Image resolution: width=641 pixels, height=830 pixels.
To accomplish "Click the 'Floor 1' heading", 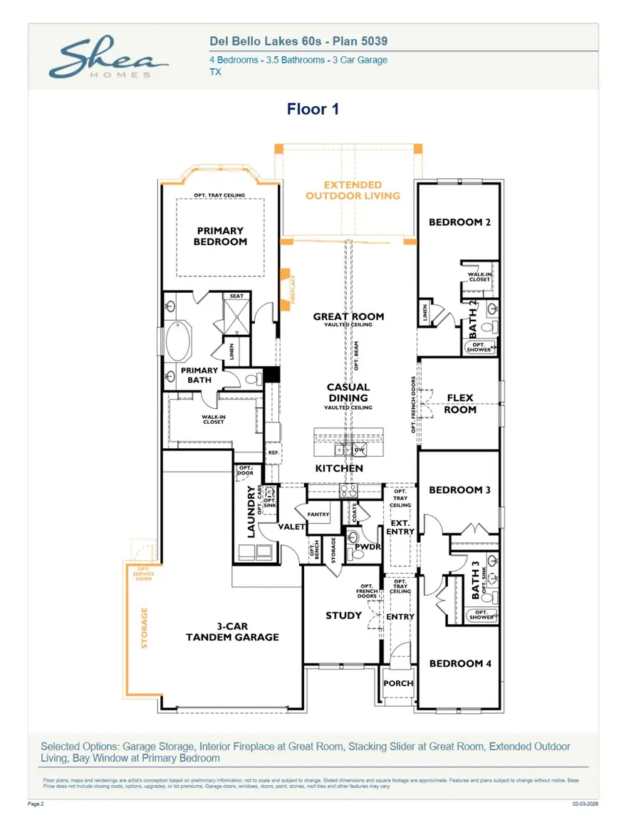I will (x=313, y=109).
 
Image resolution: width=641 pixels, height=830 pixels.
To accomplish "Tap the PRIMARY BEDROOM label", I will (x=221, y=236).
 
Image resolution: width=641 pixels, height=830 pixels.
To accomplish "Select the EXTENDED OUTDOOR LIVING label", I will (x=353, y=190).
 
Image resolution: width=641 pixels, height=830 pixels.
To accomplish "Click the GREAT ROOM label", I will (x=348, y=316).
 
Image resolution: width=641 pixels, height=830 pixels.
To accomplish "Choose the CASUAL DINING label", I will (x=348, y=393).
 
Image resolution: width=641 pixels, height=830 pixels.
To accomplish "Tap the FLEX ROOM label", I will (x=459, y=404).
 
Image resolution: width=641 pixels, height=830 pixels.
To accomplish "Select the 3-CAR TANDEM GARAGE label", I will (x=232, y=631).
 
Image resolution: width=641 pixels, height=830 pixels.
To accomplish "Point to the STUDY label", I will (x=343, y=616).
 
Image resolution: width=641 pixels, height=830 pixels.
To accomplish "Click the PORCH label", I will (x=398, y=683).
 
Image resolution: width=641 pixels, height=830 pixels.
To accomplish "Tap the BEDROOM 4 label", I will (x=460, y=663).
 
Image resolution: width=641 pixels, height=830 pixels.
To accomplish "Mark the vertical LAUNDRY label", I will (x=251, y=511).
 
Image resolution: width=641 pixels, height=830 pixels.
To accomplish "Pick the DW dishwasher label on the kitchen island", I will (x=360, y=450).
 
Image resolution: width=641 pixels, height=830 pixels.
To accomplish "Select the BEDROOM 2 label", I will (x=459, y=222).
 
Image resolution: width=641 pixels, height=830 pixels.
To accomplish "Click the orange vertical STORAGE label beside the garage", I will (x=145, y=628).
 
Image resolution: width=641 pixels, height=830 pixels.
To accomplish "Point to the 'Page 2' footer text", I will (x=35, y=803).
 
